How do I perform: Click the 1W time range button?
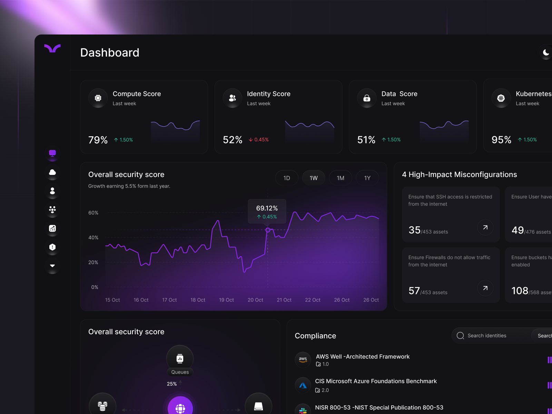click(314, 178)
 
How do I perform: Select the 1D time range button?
click(287, 178)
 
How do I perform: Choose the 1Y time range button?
click(367, 178)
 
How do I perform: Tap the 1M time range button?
click(341, 178)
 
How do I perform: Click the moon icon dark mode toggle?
click(546, 52)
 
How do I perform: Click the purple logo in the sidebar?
click(52, 48)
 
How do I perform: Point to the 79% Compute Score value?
click(98, 140)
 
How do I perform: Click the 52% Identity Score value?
click(233, 140)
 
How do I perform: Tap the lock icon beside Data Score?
click(367, 98)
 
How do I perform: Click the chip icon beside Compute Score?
click(98, 98)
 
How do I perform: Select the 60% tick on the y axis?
click(93, 213)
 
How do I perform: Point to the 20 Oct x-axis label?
click(255, 300)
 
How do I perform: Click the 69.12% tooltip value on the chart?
click(267, 208)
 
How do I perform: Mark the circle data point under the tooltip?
click(268, 230)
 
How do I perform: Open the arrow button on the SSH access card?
click(485, 227)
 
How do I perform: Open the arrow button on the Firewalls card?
click(485, 288)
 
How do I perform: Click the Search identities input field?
click(493, 336)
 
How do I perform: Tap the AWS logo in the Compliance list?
click(303, 359)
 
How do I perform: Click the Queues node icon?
click(180, 358)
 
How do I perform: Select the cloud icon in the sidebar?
click(52, 172)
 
